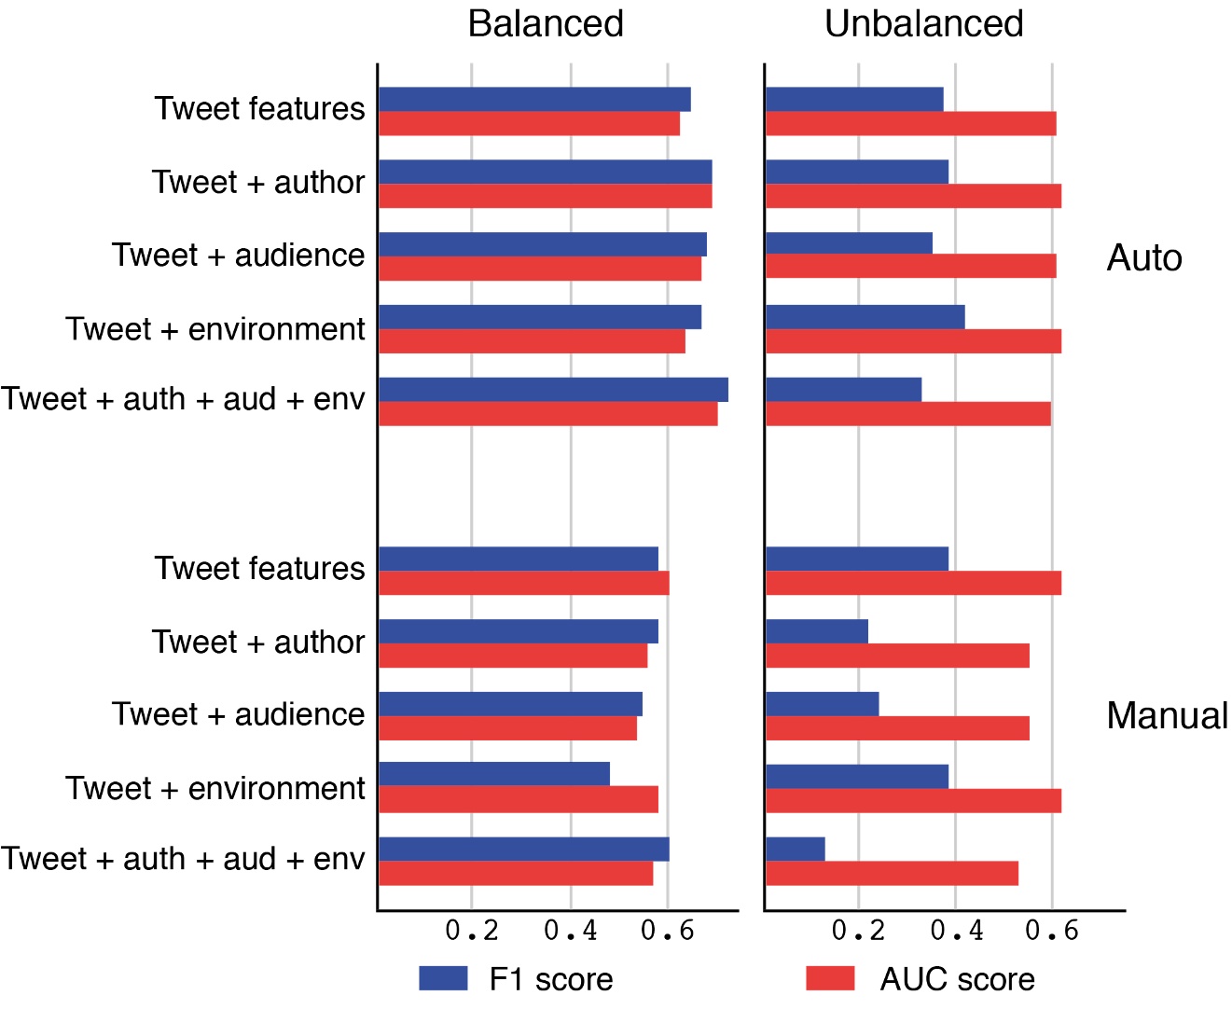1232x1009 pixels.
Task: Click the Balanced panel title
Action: [x=546, y=24]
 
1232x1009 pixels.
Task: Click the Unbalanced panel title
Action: [x=923, y=24]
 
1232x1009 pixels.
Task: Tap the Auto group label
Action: [x=1144, y=258]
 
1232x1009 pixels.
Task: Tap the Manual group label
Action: [x=1167, y=716]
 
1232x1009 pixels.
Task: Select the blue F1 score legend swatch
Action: [x=443, y=977]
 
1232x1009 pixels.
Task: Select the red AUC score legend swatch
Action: [x=830, y=977]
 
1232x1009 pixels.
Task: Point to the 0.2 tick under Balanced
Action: [x=472, y=931]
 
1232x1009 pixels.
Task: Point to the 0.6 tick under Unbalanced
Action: [x=1052, y=931]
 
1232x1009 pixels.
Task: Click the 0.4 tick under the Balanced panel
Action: [x=570, y=931]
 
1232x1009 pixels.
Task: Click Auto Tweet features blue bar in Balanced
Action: [x=534, y=100]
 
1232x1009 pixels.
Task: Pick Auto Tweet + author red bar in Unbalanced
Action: [x=913, y=197]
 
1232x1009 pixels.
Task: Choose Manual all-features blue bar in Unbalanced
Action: [x=796, y=850]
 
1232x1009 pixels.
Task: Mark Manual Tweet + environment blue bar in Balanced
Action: [x=494, y=774]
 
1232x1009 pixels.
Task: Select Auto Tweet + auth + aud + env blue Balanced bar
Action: [x=553, y=390]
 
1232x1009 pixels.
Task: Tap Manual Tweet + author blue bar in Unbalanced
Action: [x=817, y=631]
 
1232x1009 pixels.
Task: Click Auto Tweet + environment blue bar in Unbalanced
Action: [x=865, y=317]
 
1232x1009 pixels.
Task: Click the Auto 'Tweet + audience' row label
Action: [x=239, y=256]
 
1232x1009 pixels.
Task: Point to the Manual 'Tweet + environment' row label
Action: [x=215, y=789]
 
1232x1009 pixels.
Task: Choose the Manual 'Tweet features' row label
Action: [x=260, y=569]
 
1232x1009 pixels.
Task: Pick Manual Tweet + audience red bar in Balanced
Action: [x=508, y=728]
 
